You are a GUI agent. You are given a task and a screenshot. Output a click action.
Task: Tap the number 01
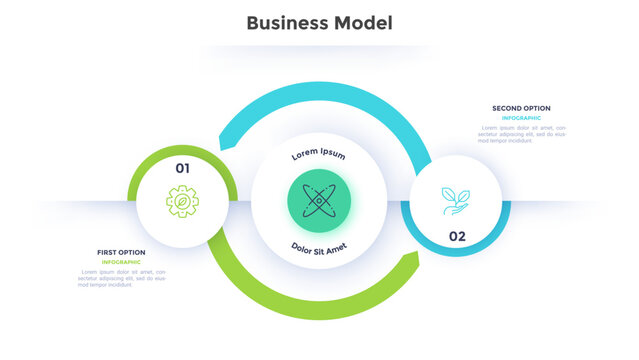pyautogui.click(x=182, y=168)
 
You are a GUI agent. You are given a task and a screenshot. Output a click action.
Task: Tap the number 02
pyautogui.click(x=456, y=236)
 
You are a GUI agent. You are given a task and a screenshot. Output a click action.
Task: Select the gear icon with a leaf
pyautogui.click(x=182, y=202)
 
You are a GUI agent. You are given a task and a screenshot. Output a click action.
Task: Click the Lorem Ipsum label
pyautogui.click(x=318, y=155)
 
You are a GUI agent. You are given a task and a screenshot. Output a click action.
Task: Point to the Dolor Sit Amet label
pyautogui.click(x=319, y=246)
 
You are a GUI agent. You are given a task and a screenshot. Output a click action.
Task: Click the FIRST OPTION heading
pyautogui.click(x=121, y=252)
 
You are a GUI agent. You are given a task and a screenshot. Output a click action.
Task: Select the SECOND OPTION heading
pyautogui.click(x=521, y=108)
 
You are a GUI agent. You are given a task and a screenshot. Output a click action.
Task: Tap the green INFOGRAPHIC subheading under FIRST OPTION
pyautogui.click(x=121, y=262)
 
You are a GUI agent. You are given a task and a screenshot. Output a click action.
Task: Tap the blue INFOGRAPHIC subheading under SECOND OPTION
pyautogui.click(x=521, y=118)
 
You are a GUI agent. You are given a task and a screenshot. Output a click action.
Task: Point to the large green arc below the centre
pyautogui.click(x=310, y=306)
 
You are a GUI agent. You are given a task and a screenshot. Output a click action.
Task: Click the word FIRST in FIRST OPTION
pyautogui.click(x=107, y=252)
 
